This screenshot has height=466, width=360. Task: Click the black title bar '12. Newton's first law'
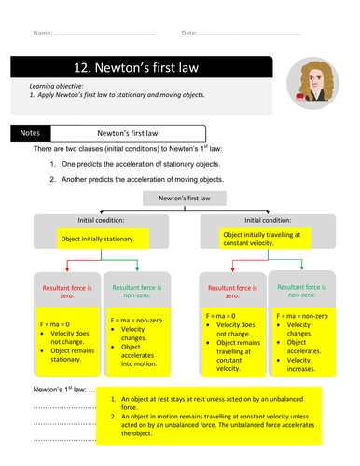pos(140,67)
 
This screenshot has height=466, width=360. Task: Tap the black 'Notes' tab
pos(31,133)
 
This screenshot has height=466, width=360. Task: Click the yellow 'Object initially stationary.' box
pos(98,240)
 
